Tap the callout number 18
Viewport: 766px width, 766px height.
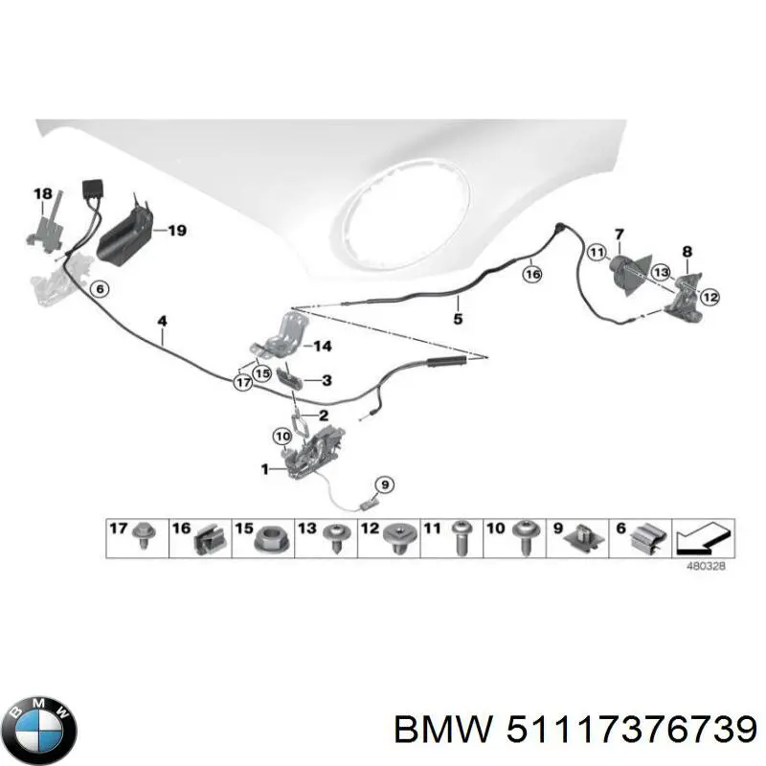[43, 194]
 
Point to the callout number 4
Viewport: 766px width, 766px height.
[163, 322]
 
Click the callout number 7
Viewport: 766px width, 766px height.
[620, 234]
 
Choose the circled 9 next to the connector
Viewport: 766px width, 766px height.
[383, 483]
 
